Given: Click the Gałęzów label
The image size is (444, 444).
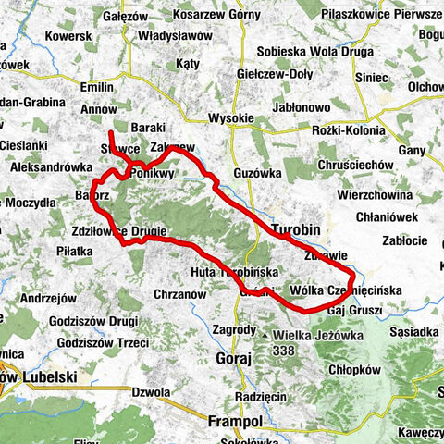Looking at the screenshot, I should (128, 17).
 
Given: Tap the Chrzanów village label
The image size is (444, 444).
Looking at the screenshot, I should (175, 293).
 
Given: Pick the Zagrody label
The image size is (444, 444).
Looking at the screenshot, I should (233, 329).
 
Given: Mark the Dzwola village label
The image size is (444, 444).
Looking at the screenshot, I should (151, 391).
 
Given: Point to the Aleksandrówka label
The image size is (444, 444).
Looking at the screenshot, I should (52, 167).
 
